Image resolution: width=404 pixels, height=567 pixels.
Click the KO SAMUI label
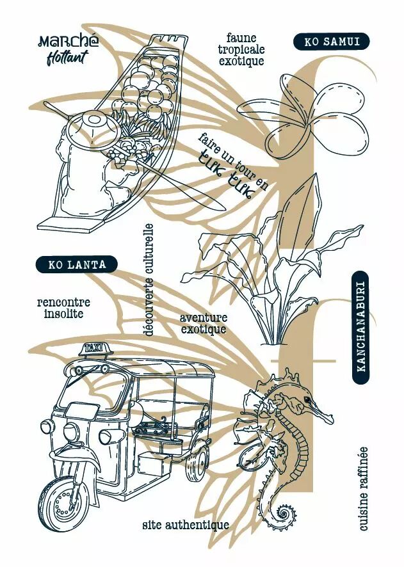(331, 42)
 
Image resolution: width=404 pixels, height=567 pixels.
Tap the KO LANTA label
(77, 264)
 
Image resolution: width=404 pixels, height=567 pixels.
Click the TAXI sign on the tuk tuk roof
(95, 349)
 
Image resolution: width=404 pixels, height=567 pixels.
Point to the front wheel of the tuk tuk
(62, 502)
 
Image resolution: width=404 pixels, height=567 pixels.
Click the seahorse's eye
(308, 399)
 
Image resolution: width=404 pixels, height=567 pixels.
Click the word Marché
(68, 41)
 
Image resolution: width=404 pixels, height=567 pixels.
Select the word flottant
(68, 58)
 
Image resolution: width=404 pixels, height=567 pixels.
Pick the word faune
(241, 38)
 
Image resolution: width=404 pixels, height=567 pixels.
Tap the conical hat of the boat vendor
(95, 127)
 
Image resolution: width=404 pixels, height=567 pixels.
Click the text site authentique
(186, 525)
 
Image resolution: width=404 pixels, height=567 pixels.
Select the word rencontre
(63, 302)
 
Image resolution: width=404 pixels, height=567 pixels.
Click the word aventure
(204, 318)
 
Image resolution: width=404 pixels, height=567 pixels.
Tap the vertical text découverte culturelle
(148, 280)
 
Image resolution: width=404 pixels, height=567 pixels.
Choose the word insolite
(63, 313)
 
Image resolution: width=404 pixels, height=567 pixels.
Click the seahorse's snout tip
(332, 420)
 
